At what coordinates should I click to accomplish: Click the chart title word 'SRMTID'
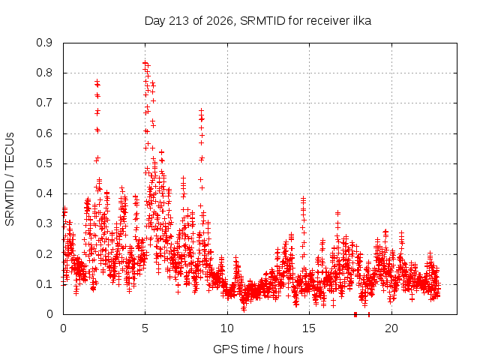262,21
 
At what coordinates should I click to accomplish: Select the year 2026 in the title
220,21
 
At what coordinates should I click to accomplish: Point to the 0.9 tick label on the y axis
44,43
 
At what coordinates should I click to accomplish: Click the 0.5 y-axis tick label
44,163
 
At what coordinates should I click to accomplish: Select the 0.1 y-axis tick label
44,284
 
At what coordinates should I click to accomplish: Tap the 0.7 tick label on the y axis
44,103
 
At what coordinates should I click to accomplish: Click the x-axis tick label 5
145,328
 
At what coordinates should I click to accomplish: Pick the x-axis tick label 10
227,328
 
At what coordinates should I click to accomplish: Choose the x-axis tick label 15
309,328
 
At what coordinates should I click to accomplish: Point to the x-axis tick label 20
391,328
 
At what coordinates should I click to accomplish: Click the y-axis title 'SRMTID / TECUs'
10,179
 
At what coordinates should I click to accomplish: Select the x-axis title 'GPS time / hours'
258,349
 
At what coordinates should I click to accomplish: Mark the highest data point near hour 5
145,63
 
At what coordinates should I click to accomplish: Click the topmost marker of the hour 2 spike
97,82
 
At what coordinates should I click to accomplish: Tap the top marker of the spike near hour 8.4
201,110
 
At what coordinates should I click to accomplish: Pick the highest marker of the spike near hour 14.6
303,198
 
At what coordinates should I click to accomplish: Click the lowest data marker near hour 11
244,309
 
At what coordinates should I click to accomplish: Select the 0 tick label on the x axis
63,328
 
